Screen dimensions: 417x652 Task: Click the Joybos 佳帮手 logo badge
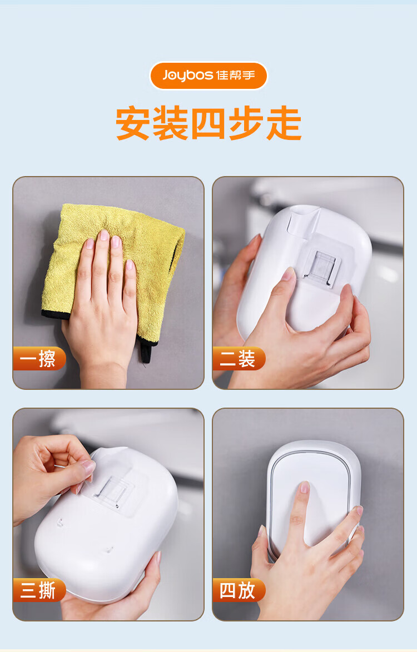pos(209,76)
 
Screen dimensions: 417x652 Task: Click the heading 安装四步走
pos(209,123)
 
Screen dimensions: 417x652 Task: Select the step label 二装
pos(239,358)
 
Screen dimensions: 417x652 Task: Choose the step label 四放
pos(239,590)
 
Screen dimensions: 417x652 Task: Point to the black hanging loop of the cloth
pos(145,352)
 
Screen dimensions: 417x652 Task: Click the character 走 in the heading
pos(284,123)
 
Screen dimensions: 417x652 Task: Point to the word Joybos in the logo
pos(188,76)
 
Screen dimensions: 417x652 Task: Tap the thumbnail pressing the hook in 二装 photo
pos(289,274)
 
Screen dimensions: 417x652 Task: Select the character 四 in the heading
pos(209,123)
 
